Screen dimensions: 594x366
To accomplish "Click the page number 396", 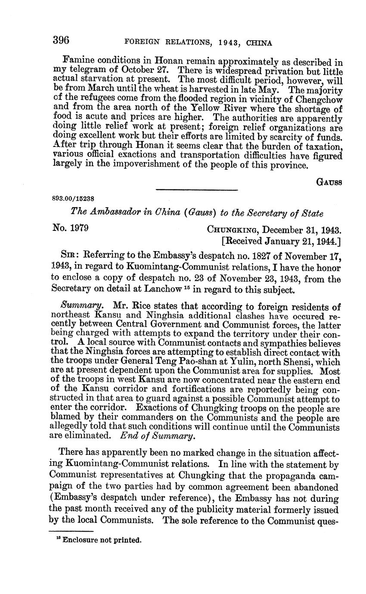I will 61,40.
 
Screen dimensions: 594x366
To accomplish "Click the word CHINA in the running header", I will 260,43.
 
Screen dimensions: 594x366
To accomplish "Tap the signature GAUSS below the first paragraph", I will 329,182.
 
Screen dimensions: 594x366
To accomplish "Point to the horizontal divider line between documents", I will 196,190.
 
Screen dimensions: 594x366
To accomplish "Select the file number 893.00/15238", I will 73,199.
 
